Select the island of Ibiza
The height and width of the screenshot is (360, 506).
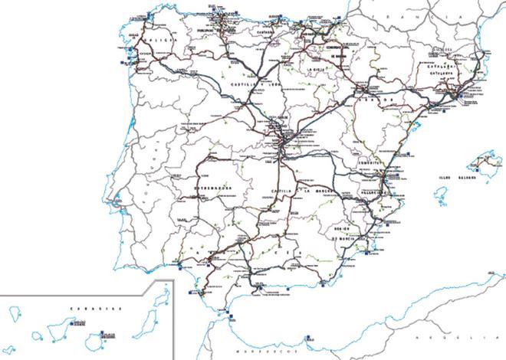coord(441,201)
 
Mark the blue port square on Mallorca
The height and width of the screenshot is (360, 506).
coord(477,169)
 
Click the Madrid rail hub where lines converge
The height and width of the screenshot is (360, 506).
coord(281,142)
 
